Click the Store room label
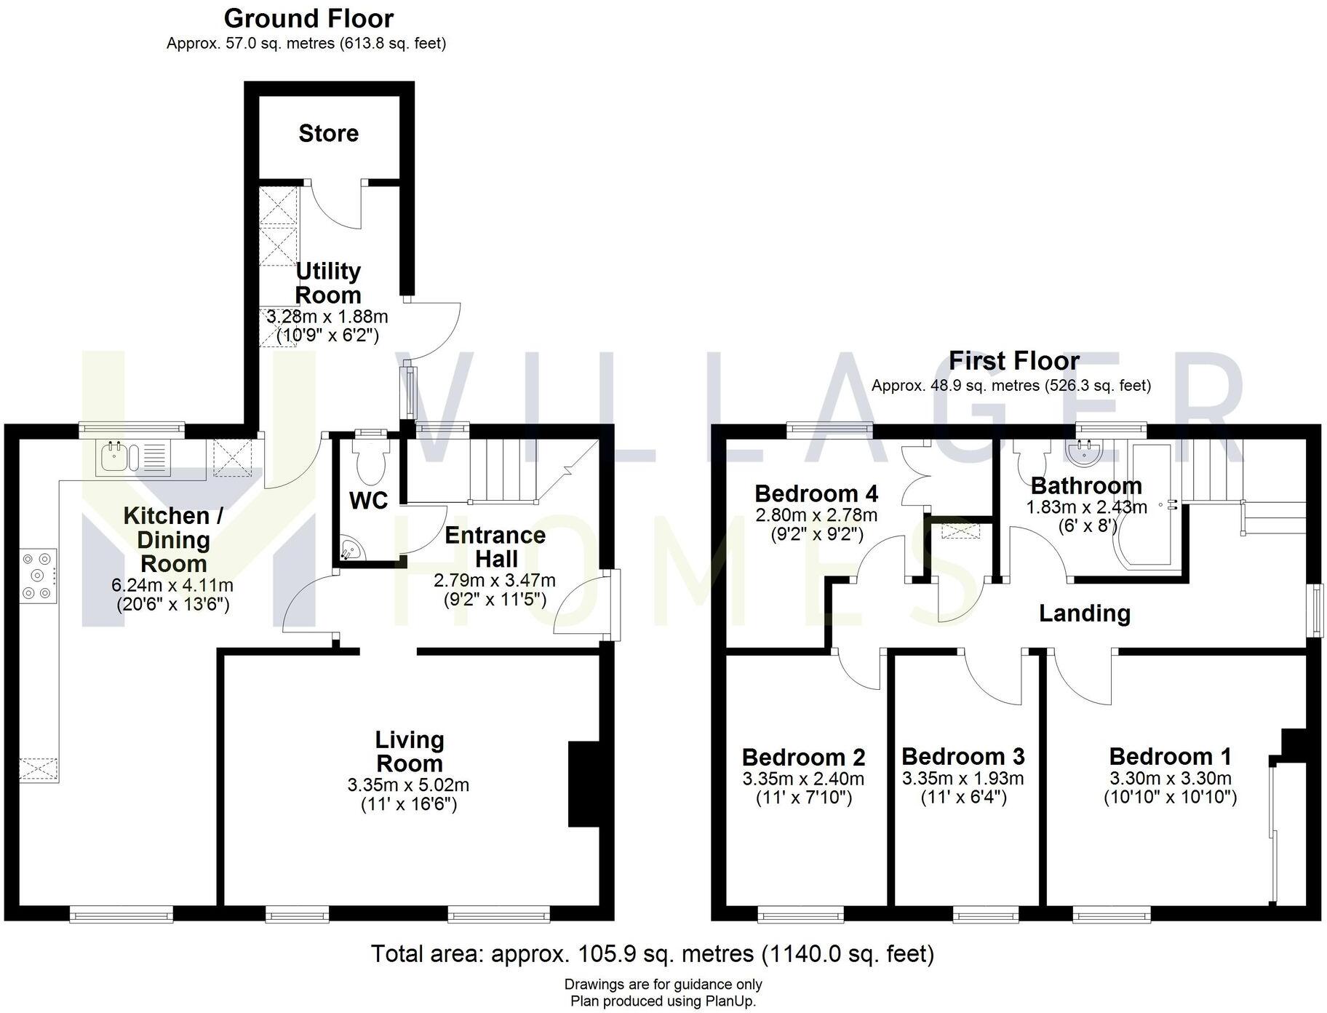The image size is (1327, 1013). coord(328,133)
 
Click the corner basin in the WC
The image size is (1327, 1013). coord(351,549)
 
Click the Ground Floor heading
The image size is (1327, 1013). coord(308,18)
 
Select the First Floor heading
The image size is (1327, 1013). coord(1013,360)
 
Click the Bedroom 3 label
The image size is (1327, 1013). coord(963,756)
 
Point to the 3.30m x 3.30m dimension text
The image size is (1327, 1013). coord(1170,778)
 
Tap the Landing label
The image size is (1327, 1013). coord(1084,613)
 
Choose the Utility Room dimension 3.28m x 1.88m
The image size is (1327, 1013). coord(327,317)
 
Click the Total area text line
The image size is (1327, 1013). coord(652,953)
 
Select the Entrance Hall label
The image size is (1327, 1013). coord(495,547)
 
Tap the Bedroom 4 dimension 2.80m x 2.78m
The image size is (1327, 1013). coord(816,515)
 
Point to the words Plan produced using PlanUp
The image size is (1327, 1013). coord(663,1001)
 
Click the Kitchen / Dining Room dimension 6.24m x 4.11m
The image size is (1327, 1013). coord(172,584)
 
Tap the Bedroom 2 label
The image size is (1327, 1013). coord(803,757)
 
